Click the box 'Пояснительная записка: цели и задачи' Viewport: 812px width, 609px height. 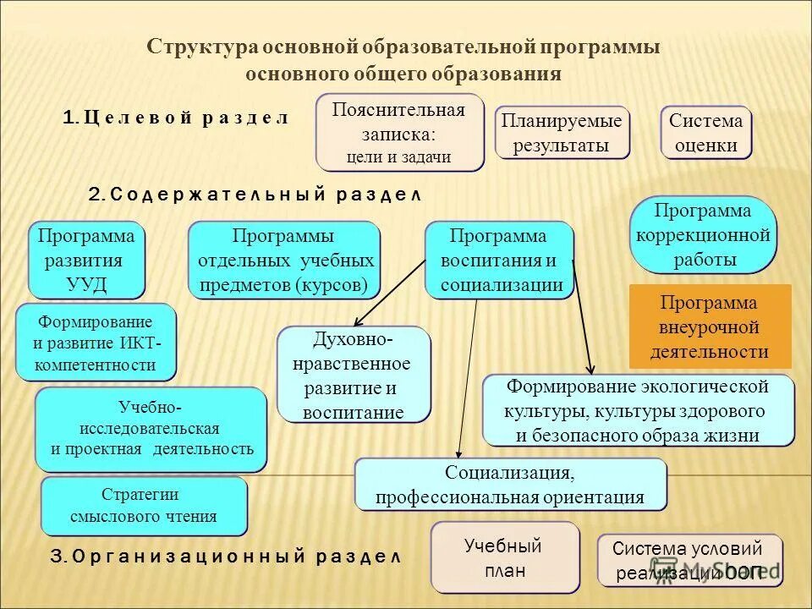(x=399, y=133)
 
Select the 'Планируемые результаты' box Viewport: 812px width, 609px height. (x=562, y=133)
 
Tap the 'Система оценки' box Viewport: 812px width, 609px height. (x=705, y=133)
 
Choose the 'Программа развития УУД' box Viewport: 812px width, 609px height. (x=86, y=260)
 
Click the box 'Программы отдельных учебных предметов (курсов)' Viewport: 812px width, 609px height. (x=283, y=260)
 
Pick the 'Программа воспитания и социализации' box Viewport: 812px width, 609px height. (x=498, y=260)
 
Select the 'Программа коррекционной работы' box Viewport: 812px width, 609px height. (x=704, y=234)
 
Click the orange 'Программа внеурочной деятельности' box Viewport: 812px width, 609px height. (x=710, y=326)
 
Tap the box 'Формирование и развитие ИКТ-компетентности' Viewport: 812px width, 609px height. (x=96, y=343)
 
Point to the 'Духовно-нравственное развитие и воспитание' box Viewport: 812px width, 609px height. (x=354, y=376)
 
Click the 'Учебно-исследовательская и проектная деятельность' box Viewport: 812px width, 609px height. (x=151, y=429)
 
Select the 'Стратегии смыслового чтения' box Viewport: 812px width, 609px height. (x=144, y=506)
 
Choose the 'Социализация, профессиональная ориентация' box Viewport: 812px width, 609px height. (x=510, y=485)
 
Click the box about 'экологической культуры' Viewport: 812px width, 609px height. (x=638, y=410)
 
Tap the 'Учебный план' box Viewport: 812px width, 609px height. (x=505, y=557)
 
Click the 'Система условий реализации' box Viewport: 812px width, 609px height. (x=689, y=560)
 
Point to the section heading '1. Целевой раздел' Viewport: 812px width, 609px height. (x=176, y=118)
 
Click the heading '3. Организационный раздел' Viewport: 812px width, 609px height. (x=224, y=557)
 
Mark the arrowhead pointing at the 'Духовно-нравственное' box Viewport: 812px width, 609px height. (x=357, y=322)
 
